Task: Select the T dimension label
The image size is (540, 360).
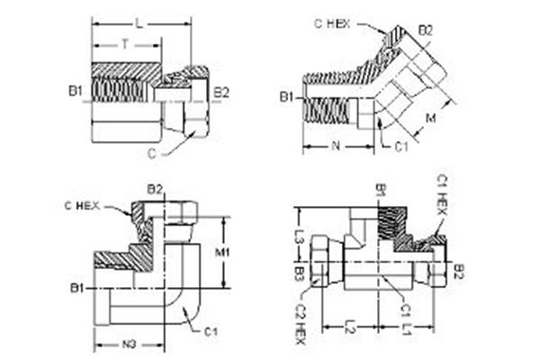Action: pos(124,41)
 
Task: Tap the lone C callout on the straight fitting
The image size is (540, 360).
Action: pos(151,152)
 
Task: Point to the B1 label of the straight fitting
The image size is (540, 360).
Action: pos(75,91)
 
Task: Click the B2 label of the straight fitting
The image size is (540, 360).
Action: pos(221,91)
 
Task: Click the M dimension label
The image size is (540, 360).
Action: pos(430,118)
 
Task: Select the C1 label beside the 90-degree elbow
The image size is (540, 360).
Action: pos(211,331)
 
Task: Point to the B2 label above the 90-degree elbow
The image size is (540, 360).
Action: pos(155,189)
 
